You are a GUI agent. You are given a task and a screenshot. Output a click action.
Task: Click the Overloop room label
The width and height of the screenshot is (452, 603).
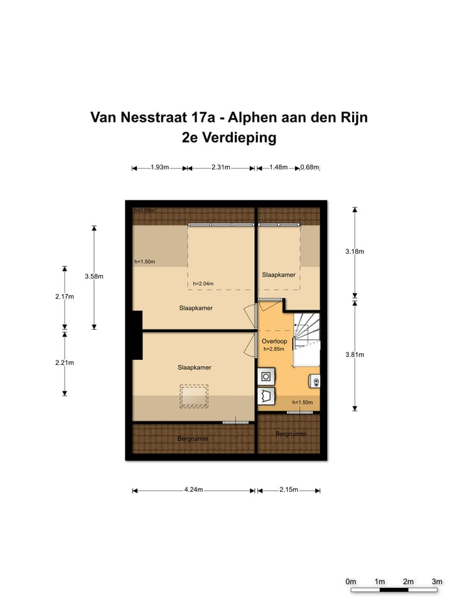pos(274,341)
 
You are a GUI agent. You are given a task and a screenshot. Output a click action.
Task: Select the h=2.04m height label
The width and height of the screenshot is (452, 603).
pos(203,283)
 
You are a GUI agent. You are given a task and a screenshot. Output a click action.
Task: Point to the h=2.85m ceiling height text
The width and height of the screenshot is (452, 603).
pos(274,349)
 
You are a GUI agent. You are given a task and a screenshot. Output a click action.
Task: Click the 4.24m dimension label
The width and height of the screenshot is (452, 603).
pos(193,490)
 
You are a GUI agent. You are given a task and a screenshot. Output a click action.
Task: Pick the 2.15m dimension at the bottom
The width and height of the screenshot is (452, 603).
pos(288,490)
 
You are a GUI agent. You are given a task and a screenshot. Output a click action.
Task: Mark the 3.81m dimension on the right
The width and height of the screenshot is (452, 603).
pos(355,355)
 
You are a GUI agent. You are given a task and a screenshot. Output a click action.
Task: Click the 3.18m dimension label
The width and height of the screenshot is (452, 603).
pos(355,251)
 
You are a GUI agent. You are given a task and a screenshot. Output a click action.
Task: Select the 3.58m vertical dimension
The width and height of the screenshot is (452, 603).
pos(94,276)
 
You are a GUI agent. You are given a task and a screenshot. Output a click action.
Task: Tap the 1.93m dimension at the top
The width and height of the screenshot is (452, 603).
pos(160,168)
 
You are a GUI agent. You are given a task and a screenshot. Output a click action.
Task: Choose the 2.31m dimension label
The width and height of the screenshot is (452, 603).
pos(222,168)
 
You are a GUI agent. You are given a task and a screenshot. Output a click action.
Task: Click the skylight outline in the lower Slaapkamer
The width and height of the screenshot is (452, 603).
pos(194,396)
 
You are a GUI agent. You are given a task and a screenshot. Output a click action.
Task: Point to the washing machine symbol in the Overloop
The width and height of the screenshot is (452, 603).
pos(266,377)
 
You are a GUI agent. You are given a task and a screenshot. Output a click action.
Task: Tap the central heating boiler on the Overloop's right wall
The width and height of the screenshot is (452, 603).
pos(315,381)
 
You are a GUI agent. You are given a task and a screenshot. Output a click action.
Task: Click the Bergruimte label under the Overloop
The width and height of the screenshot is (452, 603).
pos(291,434)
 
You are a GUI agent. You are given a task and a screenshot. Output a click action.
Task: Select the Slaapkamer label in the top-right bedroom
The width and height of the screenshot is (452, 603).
pos(278,275)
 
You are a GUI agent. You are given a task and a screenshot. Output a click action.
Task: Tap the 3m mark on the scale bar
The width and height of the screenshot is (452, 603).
pos(437,582)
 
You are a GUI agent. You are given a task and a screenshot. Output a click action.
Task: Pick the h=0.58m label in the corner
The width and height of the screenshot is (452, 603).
pos(144,210)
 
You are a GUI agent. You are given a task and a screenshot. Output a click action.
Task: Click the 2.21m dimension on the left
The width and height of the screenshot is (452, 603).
pos(65,362)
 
